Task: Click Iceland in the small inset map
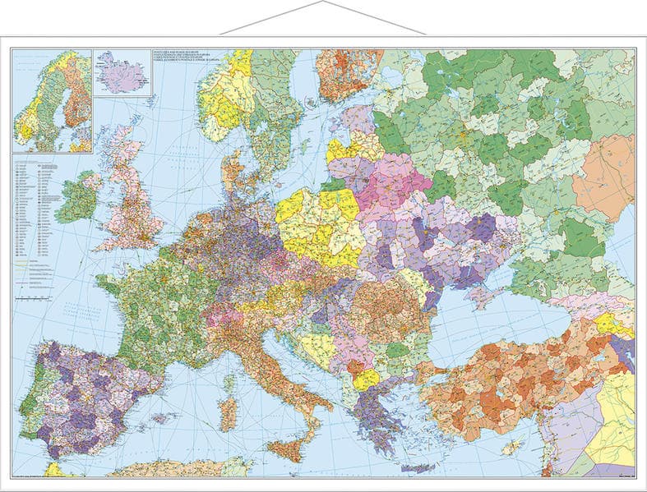coord(122,73)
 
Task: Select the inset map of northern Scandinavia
coord(52,100)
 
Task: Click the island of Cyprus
coord(511,447)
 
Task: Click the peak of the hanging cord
coord(323,2)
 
